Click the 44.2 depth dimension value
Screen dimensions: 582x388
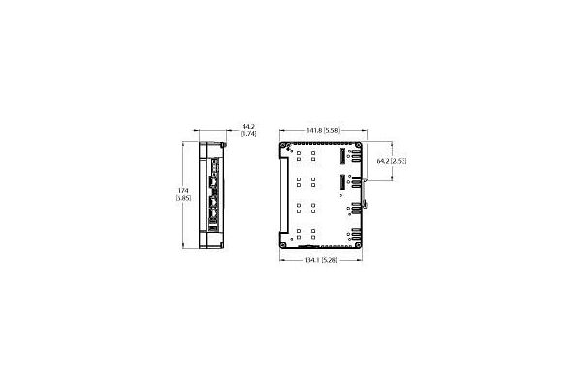tap(248, 127)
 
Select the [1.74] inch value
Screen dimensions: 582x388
tap(248, 133)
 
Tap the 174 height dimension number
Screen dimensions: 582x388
tap(183, 191)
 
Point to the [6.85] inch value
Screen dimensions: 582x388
tap(183, 198)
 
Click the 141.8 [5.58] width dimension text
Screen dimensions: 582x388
tap(323, 130)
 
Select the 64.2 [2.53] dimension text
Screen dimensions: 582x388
tap(392, 161)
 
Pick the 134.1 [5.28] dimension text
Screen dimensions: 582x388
tap(321, 260)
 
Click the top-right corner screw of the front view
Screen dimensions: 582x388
tap(358, 145)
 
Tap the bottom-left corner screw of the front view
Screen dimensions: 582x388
tap(283, 245)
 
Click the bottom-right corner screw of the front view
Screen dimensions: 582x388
tap(358, 245)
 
